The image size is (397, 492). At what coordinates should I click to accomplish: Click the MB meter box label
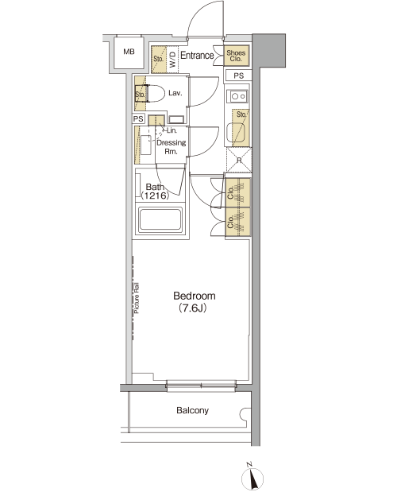(129, 52)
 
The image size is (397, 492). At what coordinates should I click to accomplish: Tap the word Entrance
(197, 56)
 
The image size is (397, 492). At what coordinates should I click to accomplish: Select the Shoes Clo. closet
(237, 56)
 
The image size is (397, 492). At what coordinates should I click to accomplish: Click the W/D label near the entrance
(172, 60)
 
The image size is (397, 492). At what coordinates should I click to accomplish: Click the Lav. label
(175, 93)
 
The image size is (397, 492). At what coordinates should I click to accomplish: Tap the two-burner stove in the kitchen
(238, 95)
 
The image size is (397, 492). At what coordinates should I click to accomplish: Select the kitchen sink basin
(235, 133)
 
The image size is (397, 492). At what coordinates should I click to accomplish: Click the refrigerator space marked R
(239, 160)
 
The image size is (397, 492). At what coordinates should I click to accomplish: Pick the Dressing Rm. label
(171, 147)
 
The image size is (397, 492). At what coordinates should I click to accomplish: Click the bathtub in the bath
(160, 219)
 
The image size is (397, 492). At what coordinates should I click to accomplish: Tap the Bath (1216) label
(155, 192)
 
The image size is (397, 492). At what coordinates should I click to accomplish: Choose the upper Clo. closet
(238, 192)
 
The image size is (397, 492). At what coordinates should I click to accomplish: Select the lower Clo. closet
(238, 222)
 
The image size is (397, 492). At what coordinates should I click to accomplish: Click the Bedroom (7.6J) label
(195, 302)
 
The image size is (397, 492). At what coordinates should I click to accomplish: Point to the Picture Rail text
(137, 298)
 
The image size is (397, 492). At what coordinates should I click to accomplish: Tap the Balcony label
(192, 410)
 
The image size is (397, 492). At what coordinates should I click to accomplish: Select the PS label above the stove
(238, 76)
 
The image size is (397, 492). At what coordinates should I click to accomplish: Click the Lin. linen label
(172, 130)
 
